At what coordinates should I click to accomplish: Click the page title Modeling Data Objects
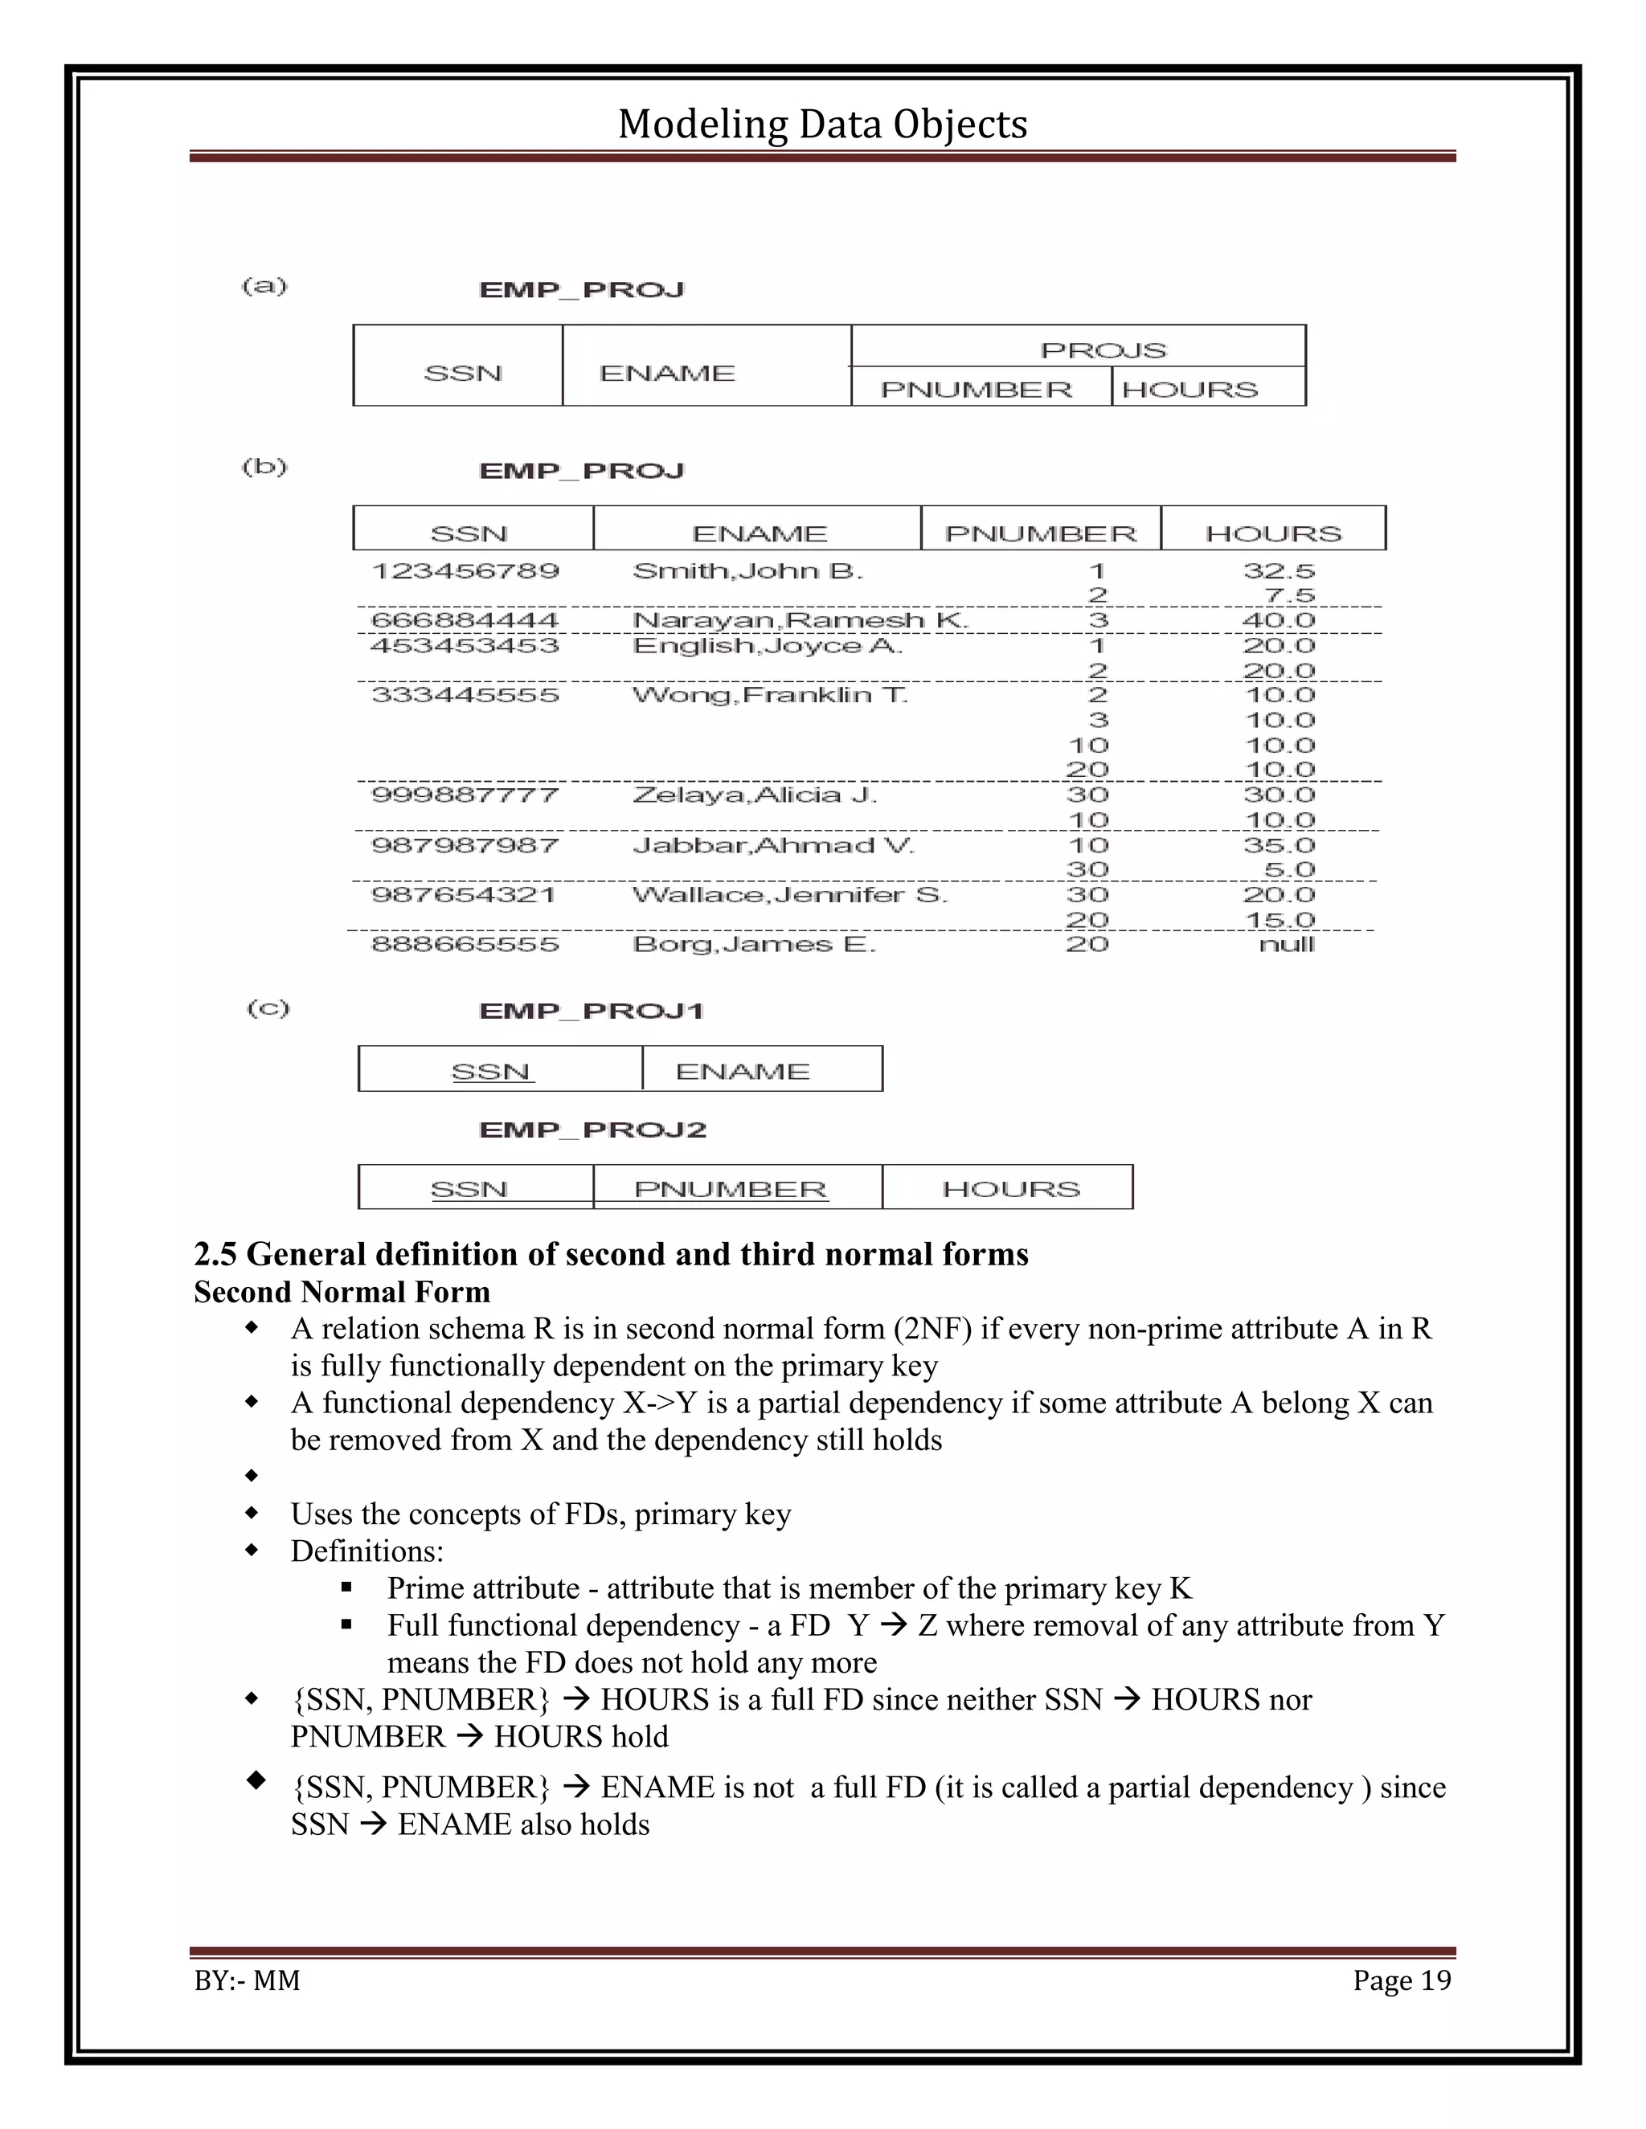pos(822,125)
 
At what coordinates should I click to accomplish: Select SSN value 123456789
pos(465,571)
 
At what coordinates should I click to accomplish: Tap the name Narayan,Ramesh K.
pos(800,621)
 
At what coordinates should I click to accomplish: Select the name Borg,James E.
pos(754,945)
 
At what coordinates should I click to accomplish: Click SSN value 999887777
pos(465,795)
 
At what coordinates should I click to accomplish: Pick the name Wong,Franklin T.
pos(769,695)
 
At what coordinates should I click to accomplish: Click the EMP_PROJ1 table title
pos(591,1011)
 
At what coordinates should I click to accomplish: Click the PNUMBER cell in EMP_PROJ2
pos(731,1189)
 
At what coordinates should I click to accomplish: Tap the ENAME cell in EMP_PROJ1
pos(742,1071)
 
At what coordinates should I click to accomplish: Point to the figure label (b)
pos(264,467)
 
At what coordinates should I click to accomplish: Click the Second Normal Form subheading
pos(342,1292)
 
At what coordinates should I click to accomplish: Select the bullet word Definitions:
pos(366,1551)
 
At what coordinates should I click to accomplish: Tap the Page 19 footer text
pos(1401,1981)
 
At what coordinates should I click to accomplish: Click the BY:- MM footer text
pos(247,1981)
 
